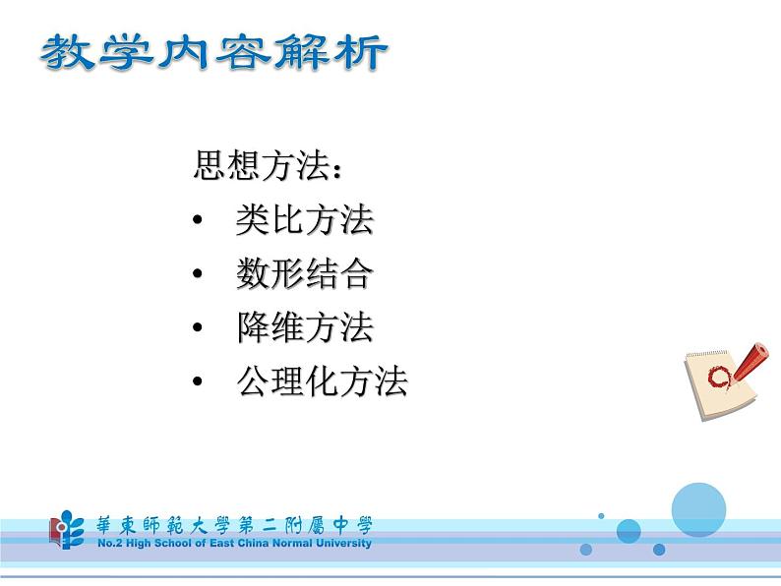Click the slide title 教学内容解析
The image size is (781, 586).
(x=212, y=54)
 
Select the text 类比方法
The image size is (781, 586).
(x=304, y=220)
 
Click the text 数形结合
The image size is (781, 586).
(x=304, y=274)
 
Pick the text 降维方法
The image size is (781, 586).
(x=304, y=327)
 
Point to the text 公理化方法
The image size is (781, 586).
(x=322, y=381)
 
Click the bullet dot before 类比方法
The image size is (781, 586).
(x=199, y=221)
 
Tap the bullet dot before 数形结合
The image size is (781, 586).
(x=199, y=275)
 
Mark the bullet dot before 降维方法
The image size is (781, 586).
(x=199, y=328)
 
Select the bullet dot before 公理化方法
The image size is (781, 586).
(x=199, y=382)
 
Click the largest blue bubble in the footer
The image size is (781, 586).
(x=697, y=509)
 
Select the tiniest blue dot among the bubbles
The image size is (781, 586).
(x=601, y=514)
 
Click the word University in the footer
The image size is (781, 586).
(x=341, y=543)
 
